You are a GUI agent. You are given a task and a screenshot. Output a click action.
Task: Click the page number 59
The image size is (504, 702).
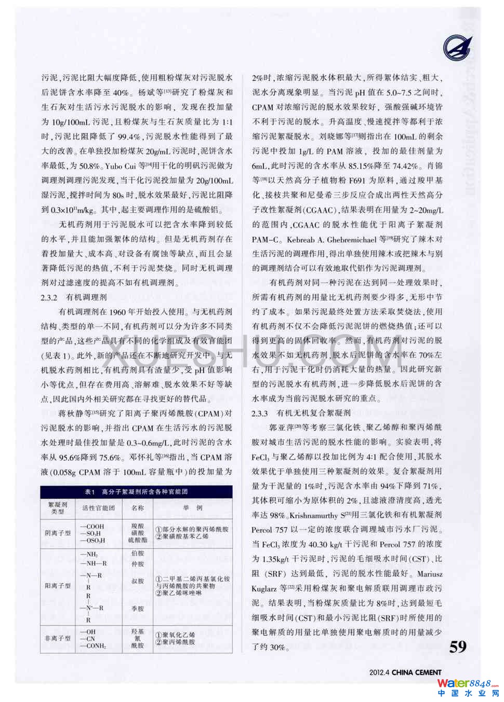(458, 646)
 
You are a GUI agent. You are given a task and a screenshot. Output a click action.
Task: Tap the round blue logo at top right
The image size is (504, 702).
(457, 48)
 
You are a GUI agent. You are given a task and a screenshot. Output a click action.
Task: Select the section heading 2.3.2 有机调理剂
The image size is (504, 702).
(74, 297)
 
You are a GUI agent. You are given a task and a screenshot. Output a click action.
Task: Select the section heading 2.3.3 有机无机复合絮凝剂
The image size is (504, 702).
(301, 413)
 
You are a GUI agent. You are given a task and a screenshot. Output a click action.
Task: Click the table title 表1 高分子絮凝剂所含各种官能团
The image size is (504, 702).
(136, 491)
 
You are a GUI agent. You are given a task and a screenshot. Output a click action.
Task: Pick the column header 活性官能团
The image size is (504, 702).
(98, 508)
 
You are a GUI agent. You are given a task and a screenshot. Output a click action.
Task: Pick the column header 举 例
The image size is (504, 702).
(193, 508)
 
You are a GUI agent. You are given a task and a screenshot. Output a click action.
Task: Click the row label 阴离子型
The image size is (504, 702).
(57, 533)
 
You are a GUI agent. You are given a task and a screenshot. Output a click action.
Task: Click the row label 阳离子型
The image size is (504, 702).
(57, 586)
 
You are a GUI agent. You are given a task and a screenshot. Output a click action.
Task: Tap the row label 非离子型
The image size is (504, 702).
(57, 638)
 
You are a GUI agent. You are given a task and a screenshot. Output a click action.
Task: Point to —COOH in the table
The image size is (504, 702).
(92, 526)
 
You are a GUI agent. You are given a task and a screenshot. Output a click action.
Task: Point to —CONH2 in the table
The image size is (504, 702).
(93, 646)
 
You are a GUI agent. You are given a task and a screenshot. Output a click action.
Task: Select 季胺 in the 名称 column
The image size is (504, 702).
(138, 609)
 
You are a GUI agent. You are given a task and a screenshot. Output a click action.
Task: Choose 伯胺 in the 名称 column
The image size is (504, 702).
(138, 554)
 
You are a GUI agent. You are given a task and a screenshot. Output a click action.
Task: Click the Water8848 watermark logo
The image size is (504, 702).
(467, 688)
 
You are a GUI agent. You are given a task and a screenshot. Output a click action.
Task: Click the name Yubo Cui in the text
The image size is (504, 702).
(121, 166)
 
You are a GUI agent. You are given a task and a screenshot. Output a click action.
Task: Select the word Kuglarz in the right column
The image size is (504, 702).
(264, 589)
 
